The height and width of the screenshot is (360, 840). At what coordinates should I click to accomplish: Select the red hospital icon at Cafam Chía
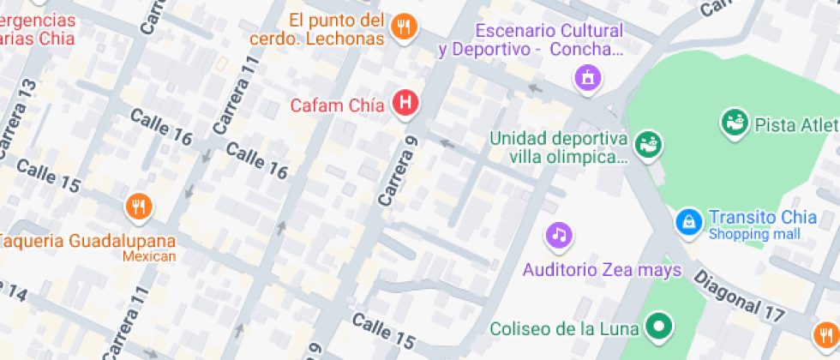click(405, 104)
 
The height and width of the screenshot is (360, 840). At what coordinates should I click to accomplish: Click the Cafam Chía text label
click(337, 105)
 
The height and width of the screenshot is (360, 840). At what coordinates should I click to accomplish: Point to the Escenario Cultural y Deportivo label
click(530, 40)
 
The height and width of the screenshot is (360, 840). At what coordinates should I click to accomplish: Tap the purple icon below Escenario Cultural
click(588, 78)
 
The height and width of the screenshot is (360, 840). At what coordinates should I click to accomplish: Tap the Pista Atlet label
click(795, 125)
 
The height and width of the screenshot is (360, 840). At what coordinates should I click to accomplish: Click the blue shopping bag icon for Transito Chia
click(687, 222)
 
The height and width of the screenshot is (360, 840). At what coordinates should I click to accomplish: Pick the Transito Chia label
click(754, 217)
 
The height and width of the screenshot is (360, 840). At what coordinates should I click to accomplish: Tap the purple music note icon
click(559, 234)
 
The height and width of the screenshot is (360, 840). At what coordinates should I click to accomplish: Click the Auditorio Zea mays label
click(602, 270)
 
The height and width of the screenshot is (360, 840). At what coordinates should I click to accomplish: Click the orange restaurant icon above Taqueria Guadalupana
click(139, 207)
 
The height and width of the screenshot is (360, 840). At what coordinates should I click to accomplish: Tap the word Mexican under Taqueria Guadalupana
click(148, 255)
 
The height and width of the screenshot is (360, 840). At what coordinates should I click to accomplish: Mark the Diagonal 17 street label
click(738, 297)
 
